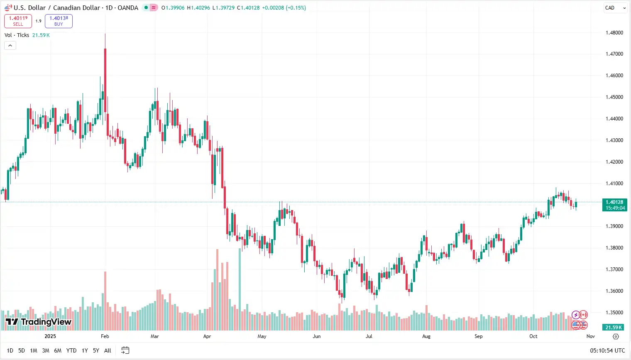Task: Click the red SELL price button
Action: (18, 21)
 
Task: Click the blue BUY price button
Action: (59, 21)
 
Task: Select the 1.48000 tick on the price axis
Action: (614, 33)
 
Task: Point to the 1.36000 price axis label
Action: (614, 291)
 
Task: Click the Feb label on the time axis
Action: (105, 336)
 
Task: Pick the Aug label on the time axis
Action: (426, 336)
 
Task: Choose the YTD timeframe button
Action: (71, 350)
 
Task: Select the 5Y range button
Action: (96, 350)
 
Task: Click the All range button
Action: (108, 350)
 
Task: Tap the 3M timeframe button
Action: (46, 350)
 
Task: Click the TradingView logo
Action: (39, 322)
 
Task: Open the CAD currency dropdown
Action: (615, 8)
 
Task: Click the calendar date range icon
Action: (125, 350)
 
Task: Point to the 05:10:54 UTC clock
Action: (607, 350)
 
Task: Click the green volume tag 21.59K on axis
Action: (614, 327)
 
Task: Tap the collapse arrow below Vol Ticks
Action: (10, 46)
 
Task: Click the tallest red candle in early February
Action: (105, 79)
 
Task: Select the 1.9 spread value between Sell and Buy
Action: (38, 21)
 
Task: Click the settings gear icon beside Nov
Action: (616, 336)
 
